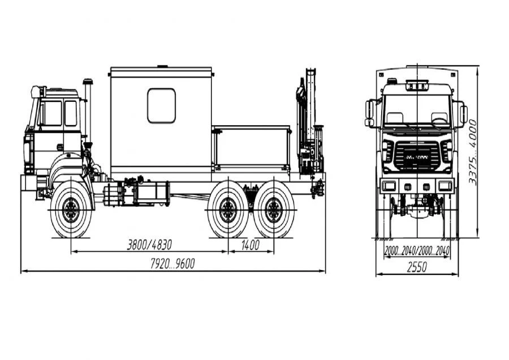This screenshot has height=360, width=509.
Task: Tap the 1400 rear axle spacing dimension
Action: (x=250, y=245)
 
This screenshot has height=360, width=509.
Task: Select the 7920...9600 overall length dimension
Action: (x=172, y=264)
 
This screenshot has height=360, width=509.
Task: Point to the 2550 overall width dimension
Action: (x=417, y=269)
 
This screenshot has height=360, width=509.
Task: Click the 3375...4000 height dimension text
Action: (x=472, y=151)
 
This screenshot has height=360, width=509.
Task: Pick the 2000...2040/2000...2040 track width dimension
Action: (x=417, y=251)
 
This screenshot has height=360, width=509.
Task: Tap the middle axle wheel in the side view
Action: (x=228, y=211)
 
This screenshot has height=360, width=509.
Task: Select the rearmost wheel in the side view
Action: (x=274, y=211)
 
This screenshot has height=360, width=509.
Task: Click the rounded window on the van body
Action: (x=161, y=105)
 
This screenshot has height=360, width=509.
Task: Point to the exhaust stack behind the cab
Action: (x=88, y=110)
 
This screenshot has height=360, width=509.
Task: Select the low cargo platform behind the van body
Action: (x=251, y=149)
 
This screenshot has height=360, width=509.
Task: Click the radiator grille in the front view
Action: (x=416, y=154)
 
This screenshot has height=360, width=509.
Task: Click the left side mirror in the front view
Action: (x=370, y=113)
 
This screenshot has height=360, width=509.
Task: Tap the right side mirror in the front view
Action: (x=463, y=114)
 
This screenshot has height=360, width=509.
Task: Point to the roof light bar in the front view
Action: (x=417, y=85)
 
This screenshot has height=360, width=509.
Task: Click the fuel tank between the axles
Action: (x=152, y=192)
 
